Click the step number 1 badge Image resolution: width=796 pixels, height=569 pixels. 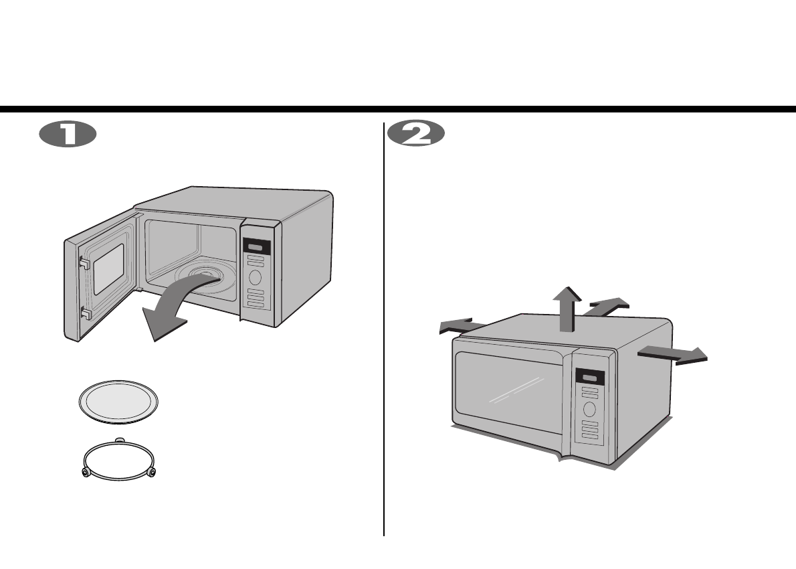pos(67,134)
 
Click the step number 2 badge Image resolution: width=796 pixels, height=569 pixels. pos(416,134)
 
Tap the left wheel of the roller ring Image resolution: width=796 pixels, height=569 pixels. pos(86,473)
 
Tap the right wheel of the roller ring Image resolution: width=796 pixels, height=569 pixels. pos(153,473)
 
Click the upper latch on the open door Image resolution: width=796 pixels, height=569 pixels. pos(84,264)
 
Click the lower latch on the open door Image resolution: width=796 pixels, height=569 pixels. pos(84,312)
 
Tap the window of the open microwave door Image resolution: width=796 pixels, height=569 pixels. pos(108,270)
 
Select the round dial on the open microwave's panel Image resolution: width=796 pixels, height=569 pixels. pos(255,278)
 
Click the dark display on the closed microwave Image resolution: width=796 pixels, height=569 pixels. pos(589,377)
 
